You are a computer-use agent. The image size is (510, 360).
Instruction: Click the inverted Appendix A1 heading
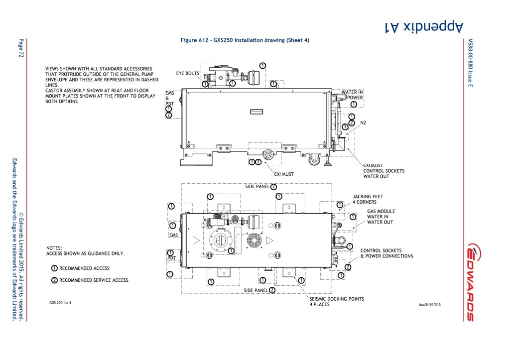[425, 26]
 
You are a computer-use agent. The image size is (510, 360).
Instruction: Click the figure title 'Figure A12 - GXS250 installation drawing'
[245, 40]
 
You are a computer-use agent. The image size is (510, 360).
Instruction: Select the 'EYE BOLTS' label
[187, 73]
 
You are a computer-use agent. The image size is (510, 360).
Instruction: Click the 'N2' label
[363, 122]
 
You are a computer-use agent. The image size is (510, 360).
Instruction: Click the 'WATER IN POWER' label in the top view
[352, 95]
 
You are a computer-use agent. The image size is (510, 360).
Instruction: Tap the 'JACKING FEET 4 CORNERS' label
[368, 199]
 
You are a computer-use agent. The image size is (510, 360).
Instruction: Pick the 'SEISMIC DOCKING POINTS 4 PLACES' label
[337, 302]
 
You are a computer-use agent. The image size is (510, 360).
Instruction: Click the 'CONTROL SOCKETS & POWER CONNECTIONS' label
[386, 253]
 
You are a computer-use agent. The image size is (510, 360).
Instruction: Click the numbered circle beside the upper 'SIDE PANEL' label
[273, 187]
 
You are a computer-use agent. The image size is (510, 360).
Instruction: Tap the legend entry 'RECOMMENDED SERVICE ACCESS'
[94, 280]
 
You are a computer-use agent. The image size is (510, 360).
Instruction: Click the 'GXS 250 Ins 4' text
[60, 303]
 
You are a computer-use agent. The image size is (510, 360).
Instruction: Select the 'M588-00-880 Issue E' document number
[470, 62]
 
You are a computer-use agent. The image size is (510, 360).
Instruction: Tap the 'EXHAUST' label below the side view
[284, 174]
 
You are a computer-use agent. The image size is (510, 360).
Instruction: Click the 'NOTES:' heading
[54, 247]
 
